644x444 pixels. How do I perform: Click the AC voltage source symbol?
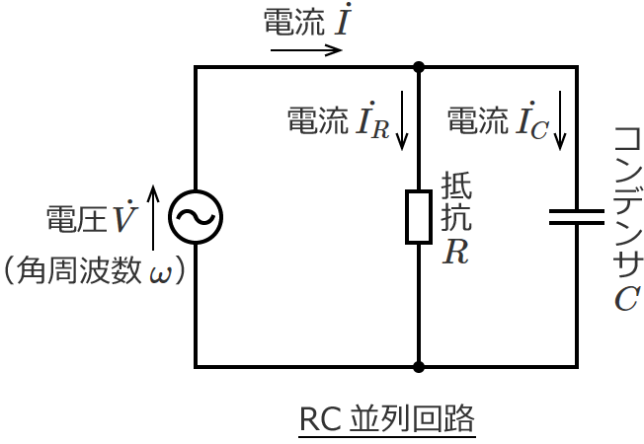(195, 217)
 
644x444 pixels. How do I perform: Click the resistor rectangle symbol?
(419, 217)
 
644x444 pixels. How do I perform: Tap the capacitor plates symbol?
(576, 217)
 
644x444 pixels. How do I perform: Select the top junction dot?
(419, 67)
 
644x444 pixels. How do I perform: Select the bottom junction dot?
(419, 367)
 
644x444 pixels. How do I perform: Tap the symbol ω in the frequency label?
(159, 272)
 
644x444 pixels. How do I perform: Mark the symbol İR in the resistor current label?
(372, 123)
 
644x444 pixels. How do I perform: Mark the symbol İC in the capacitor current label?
(531, 123)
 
